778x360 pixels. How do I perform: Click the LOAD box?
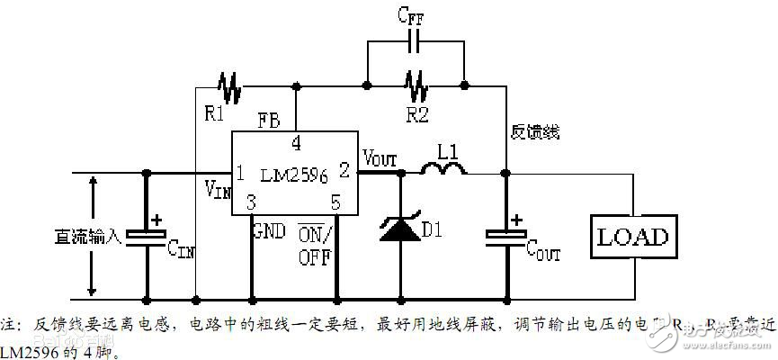pos(633,238)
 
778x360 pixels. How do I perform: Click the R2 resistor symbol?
pos(416,86)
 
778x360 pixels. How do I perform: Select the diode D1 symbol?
pos(398,229)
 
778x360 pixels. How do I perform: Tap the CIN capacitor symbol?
pos(146,236)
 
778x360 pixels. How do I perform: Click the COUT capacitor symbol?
pos(506,236)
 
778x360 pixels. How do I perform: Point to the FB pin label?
pos(268,120)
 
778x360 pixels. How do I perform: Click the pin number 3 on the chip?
pos(252,202)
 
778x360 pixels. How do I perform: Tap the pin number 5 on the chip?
pos(335,202)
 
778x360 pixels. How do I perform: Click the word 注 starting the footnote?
pos(7,322)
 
